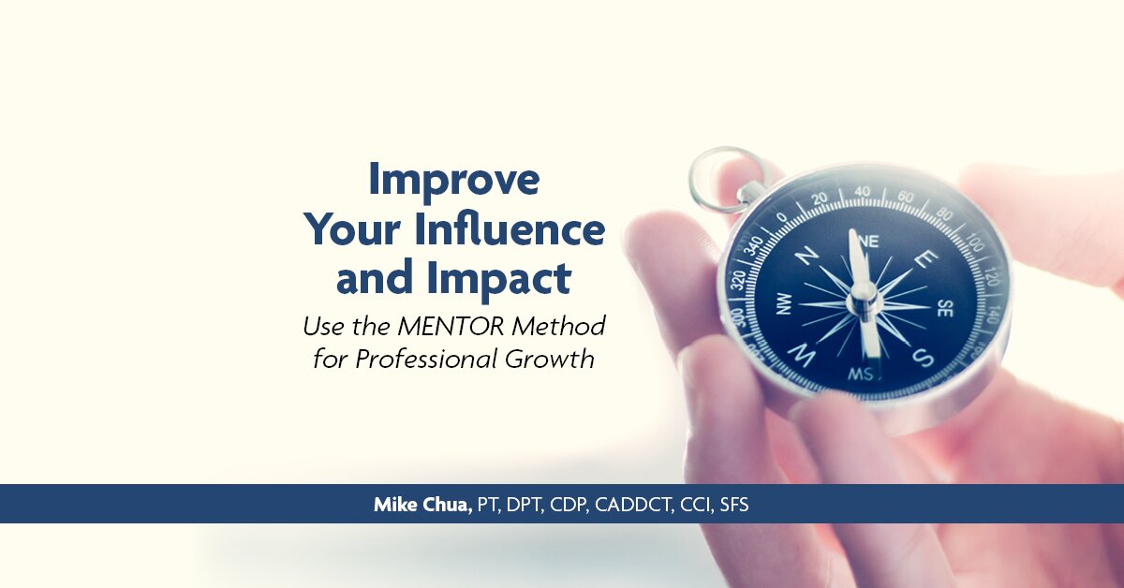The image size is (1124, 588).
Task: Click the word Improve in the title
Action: pos(453,181)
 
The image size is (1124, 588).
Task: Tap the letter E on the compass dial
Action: pos(927,259)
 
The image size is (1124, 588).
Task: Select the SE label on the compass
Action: pos(944,309)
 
